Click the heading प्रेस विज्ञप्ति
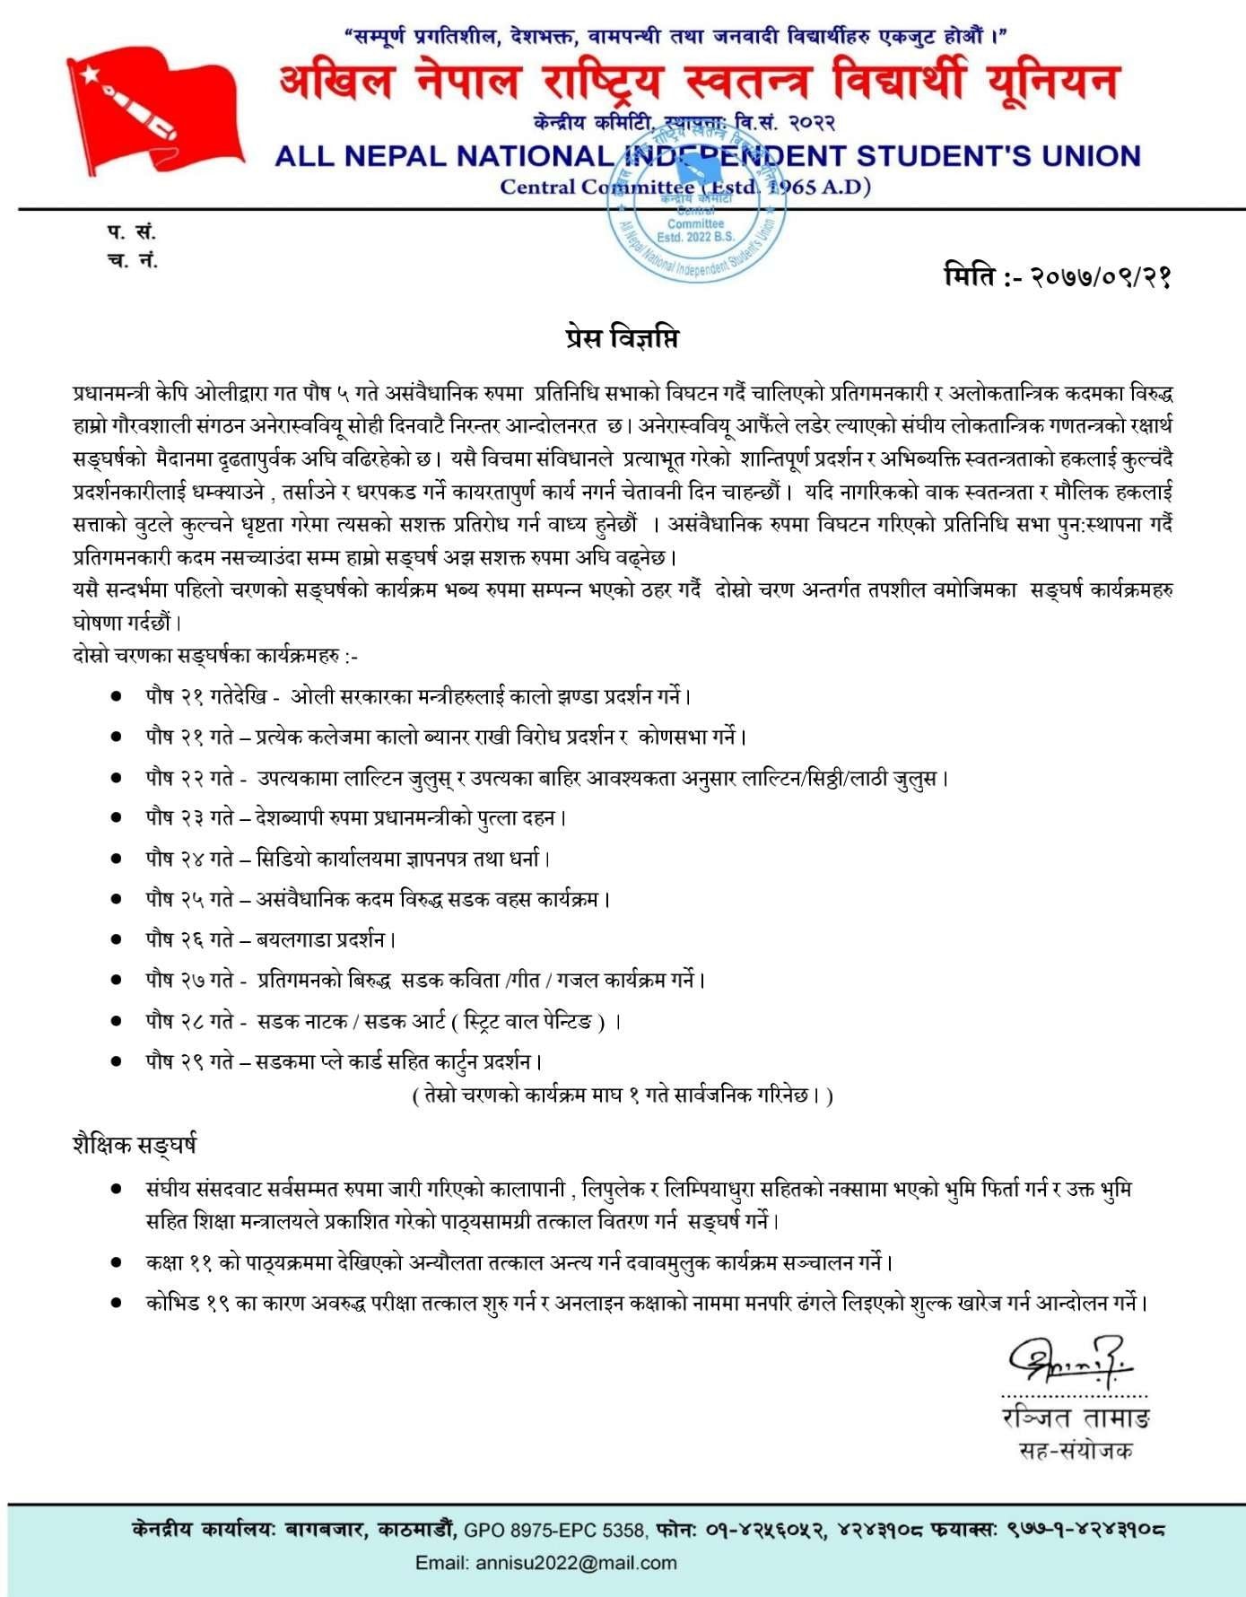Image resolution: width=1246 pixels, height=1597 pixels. (x=623, y=338)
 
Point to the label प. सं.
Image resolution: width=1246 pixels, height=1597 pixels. (x=132, y=232)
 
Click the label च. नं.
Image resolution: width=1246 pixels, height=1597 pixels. (x=132, y=262)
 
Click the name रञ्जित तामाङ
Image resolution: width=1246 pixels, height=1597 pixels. (x=1076, y=1418)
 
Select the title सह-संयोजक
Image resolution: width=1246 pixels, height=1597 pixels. (x=1076, y=1451)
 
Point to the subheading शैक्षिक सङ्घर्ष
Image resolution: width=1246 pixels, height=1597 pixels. (x=135, y=1145)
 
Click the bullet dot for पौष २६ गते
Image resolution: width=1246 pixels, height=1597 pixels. (x=116, y=939)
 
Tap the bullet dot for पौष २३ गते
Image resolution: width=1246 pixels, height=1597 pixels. (x=116, y=817)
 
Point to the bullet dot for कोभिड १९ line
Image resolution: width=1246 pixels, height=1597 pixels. (x=116, y=1303)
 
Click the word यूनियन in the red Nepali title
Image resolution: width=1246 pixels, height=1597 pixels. (x=1052, y=83)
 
